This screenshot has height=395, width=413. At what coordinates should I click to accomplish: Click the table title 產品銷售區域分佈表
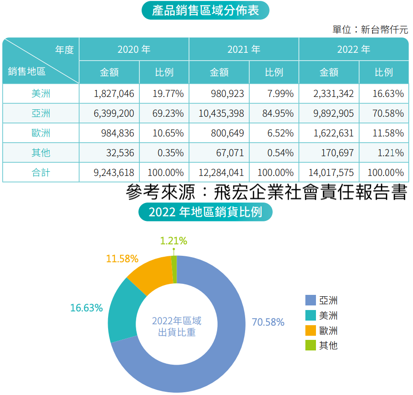click(x=206, y=10)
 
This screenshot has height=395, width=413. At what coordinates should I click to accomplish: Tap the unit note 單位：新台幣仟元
click(x=370, y=30)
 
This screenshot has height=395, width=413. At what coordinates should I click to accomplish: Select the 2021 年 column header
click(x=244, y=49)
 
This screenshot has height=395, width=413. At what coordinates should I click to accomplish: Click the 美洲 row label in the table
click(x=40, y=94)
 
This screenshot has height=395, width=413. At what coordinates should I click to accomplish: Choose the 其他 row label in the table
click(x=40, y=153)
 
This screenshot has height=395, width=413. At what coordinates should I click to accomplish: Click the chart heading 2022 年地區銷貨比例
click(x=206, y=212)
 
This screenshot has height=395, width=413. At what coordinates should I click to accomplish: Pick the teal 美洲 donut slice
click(x=120, y=312)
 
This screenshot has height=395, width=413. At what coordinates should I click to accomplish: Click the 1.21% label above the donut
click(x=173, y=241)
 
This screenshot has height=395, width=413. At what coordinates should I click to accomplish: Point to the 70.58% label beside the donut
click(x=268, y=322)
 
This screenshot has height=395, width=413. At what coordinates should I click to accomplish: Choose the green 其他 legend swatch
click(x=310, y=345)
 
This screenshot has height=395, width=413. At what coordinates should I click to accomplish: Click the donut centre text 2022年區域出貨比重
click(x=177, y=326)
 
